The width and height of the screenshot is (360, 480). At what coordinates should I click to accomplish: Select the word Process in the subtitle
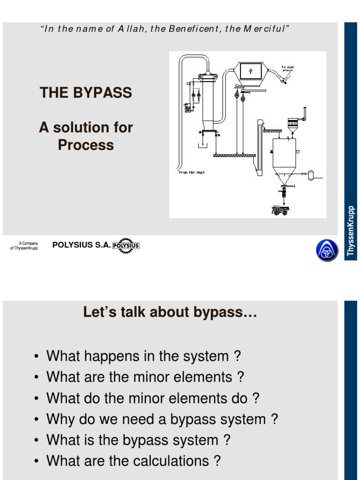[86, 145]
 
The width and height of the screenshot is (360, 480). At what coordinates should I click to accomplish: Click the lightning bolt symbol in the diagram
[250, 71]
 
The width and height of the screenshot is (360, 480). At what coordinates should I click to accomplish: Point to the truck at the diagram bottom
[280, 210]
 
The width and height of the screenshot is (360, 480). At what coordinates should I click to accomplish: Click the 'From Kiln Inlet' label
[192, 172]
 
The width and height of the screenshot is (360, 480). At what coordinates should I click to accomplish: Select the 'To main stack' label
[287, 69]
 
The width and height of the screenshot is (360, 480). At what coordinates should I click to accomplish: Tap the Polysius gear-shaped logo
[126, 245]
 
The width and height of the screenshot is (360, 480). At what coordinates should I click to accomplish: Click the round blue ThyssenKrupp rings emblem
[327, 250]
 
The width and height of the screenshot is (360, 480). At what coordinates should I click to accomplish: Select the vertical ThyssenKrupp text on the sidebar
[351, 231]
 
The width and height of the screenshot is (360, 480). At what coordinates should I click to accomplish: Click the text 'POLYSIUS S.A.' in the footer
[81, 245]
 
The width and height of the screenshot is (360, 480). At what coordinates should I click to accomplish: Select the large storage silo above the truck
[284, 157]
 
